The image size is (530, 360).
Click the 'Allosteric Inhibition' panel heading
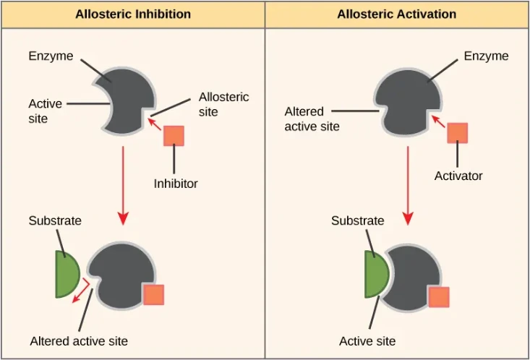coord(132,14)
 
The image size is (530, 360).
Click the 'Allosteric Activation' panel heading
coord(396,14)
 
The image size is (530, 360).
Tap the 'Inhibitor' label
coord(175,184)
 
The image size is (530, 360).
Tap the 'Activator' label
coord(458,176)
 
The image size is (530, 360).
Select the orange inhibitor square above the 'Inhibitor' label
coord(174,135)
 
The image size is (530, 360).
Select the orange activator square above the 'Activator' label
coord(457,133)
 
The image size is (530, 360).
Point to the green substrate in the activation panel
coord(375,275)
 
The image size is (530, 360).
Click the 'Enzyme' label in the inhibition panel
coord(51,56)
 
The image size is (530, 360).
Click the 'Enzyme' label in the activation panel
coord(487,56)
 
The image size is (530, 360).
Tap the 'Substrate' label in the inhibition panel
coord(55,220)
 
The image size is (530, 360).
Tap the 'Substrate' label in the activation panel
coord(357,220)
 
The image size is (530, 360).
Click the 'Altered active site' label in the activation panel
coord(312,119)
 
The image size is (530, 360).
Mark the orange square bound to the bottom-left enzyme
coord(153,295)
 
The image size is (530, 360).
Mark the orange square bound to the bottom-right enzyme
coord(438,297)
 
